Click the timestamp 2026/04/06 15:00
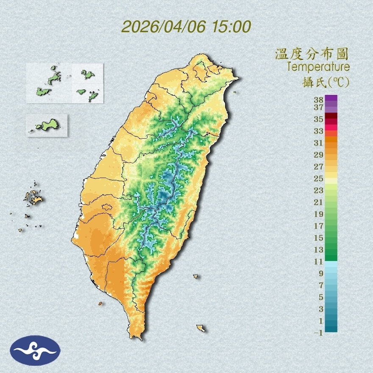point(186,27)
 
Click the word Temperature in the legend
point(318,67)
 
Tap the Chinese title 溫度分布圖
point(312,54)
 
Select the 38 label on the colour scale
point(319,100)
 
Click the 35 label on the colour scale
point(319,119)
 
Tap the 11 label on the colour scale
point(319,262)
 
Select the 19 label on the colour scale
point(319,214)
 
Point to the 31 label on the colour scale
point(319,142)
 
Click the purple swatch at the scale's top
point(331,98)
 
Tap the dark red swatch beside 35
point(331,116)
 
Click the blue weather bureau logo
point(36,350)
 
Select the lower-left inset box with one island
point(47,125)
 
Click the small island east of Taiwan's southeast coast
point(196,276)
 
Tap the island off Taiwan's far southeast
point(200,328)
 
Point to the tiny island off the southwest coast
point(100,303)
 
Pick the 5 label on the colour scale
point(321,297)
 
